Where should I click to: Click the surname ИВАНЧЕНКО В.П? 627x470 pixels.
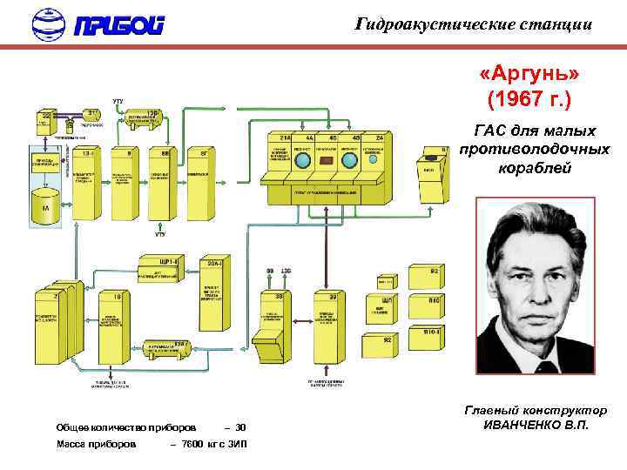536,425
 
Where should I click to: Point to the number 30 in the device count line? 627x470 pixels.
241,427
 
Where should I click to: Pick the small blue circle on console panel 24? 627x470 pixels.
375,160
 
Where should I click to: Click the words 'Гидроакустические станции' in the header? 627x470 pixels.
475,24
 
